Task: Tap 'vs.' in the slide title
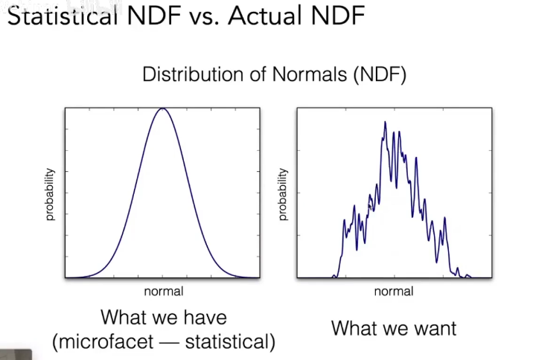(201, 16)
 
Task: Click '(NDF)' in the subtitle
(380, 75)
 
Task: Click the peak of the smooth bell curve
(162, 109)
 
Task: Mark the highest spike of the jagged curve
(385, 121)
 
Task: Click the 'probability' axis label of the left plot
(50, 194)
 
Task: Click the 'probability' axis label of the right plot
(282, 194)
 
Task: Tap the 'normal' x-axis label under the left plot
(163, 292)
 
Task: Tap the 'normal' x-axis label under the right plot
(394, 292)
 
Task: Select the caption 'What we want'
(394, 328)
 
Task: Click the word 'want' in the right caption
(433, 328)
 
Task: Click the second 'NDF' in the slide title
(338, 16)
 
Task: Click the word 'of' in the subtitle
(254, 75)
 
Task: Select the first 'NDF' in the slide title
(151, 16)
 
